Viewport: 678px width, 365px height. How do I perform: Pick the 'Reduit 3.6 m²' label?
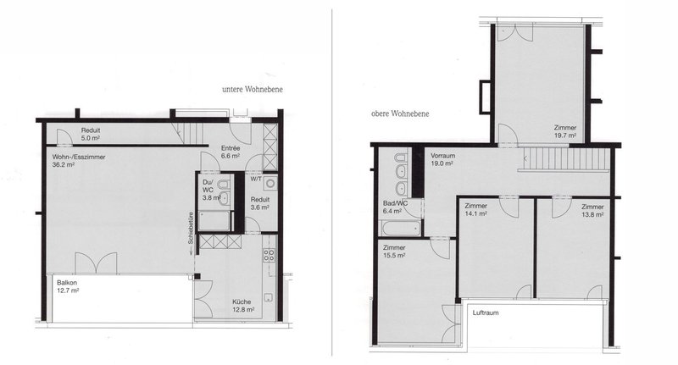pos(259,202)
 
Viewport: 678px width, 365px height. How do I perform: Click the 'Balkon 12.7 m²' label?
pos(69,286)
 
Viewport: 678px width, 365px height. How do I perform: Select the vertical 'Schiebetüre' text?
pos(192,228)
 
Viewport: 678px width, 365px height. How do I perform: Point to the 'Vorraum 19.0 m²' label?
pos(443,160)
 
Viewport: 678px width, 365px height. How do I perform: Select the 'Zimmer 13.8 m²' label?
pos(591,210)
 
